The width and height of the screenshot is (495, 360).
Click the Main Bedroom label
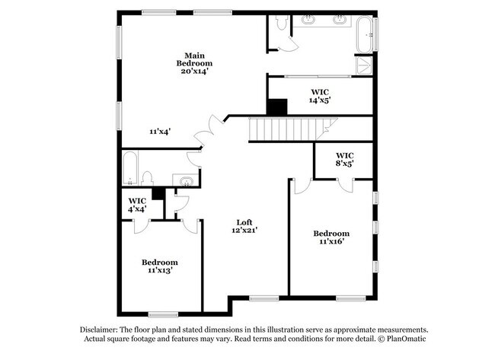pos(194,59)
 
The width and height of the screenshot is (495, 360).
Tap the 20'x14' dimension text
pos(194,72)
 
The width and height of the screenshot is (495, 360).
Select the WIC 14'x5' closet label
pos(320,96)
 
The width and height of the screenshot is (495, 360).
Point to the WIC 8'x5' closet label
pos(344,159)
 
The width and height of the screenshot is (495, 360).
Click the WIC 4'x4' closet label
pos(137,205)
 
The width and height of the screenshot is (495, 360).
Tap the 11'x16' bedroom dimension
pos(331,242)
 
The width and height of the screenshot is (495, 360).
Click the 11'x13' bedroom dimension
pos(160,270)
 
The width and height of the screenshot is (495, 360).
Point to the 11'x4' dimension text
pos(160,131)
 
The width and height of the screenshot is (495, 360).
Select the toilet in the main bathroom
pos(281,23)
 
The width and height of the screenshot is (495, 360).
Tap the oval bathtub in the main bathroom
pos(365,35)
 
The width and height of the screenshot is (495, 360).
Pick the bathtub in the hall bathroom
pos(129,168)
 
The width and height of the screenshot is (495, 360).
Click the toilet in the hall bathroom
pos(147,179)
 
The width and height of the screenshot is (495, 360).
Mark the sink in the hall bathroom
pos(187,181)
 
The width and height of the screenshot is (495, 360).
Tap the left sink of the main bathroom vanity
pos(308,20)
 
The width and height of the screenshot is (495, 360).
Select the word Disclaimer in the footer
pos(99,330)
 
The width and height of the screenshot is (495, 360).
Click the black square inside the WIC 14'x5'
pos(277,107)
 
